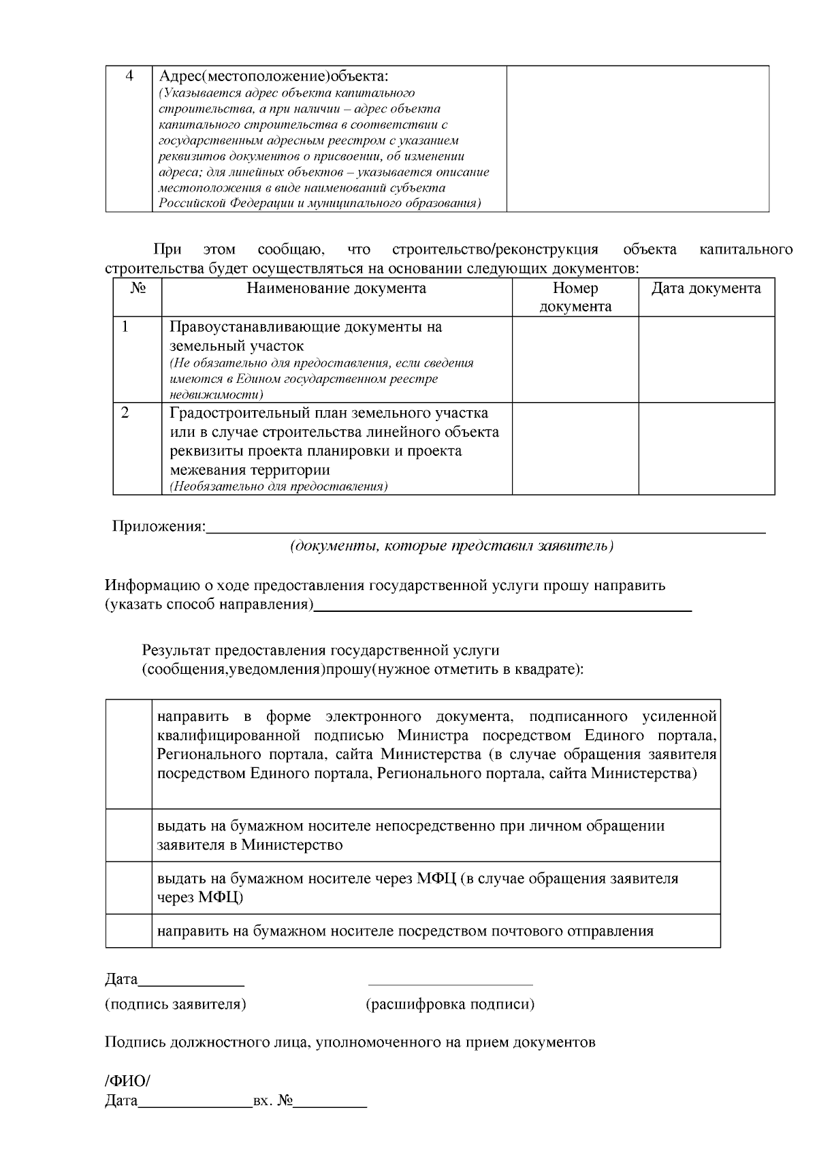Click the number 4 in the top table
click(x=129, y=76)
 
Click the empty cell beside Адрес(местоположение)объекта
click(x=637, y=138)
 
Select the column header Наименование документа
click(x=336, y=288)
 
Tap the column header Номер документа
click(x=575, y=297)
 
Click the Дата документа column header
click(x=706, y=288)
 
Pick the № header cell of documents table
click(x=138, y=288)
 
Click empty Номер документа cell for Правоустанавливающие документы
click(x=575, y=359)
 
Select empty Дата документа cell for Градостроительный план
click(x=706, y=448)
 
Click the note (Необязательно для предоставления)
click(x=278, y=487)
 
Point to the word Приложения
click(x=159, y=527)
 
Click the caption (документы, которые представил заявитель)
click(x=452, y=546)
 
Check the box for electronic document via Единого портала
click(x=129, y=754)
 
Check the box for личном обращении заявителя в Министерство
click(x=129, y=835)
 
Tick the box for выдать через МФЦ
click(x=129, y=888)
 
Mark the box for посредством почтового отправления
click(x=129, y=931)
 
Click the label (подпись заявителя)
click(x=176, y=1004)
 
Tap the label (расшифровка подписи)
click(x=450, y=1004)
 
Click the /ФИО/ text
click(x=127, y=1081)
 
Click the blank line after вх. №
click(x=330, y=1102)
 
